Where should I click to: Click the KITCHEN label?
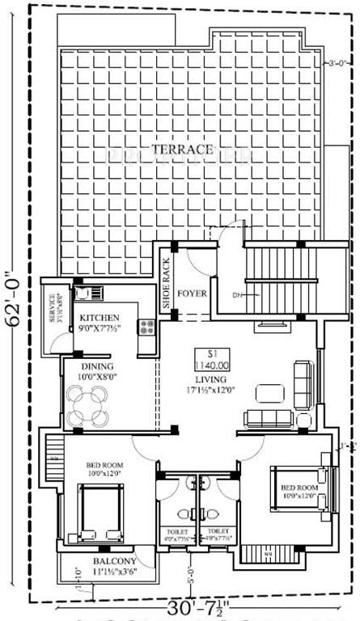point(100,317)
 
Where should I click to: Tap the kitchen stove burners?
point(148,327)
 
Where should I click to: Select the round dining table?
point(87,405)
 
